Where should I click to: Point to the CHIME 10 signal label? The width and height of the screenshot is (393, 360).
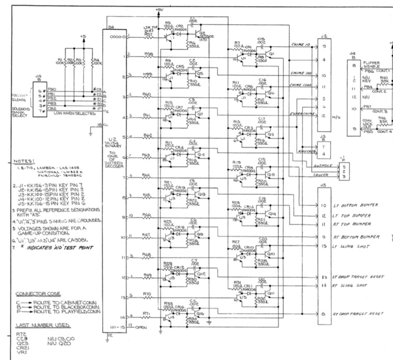[x=299, y=46]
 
